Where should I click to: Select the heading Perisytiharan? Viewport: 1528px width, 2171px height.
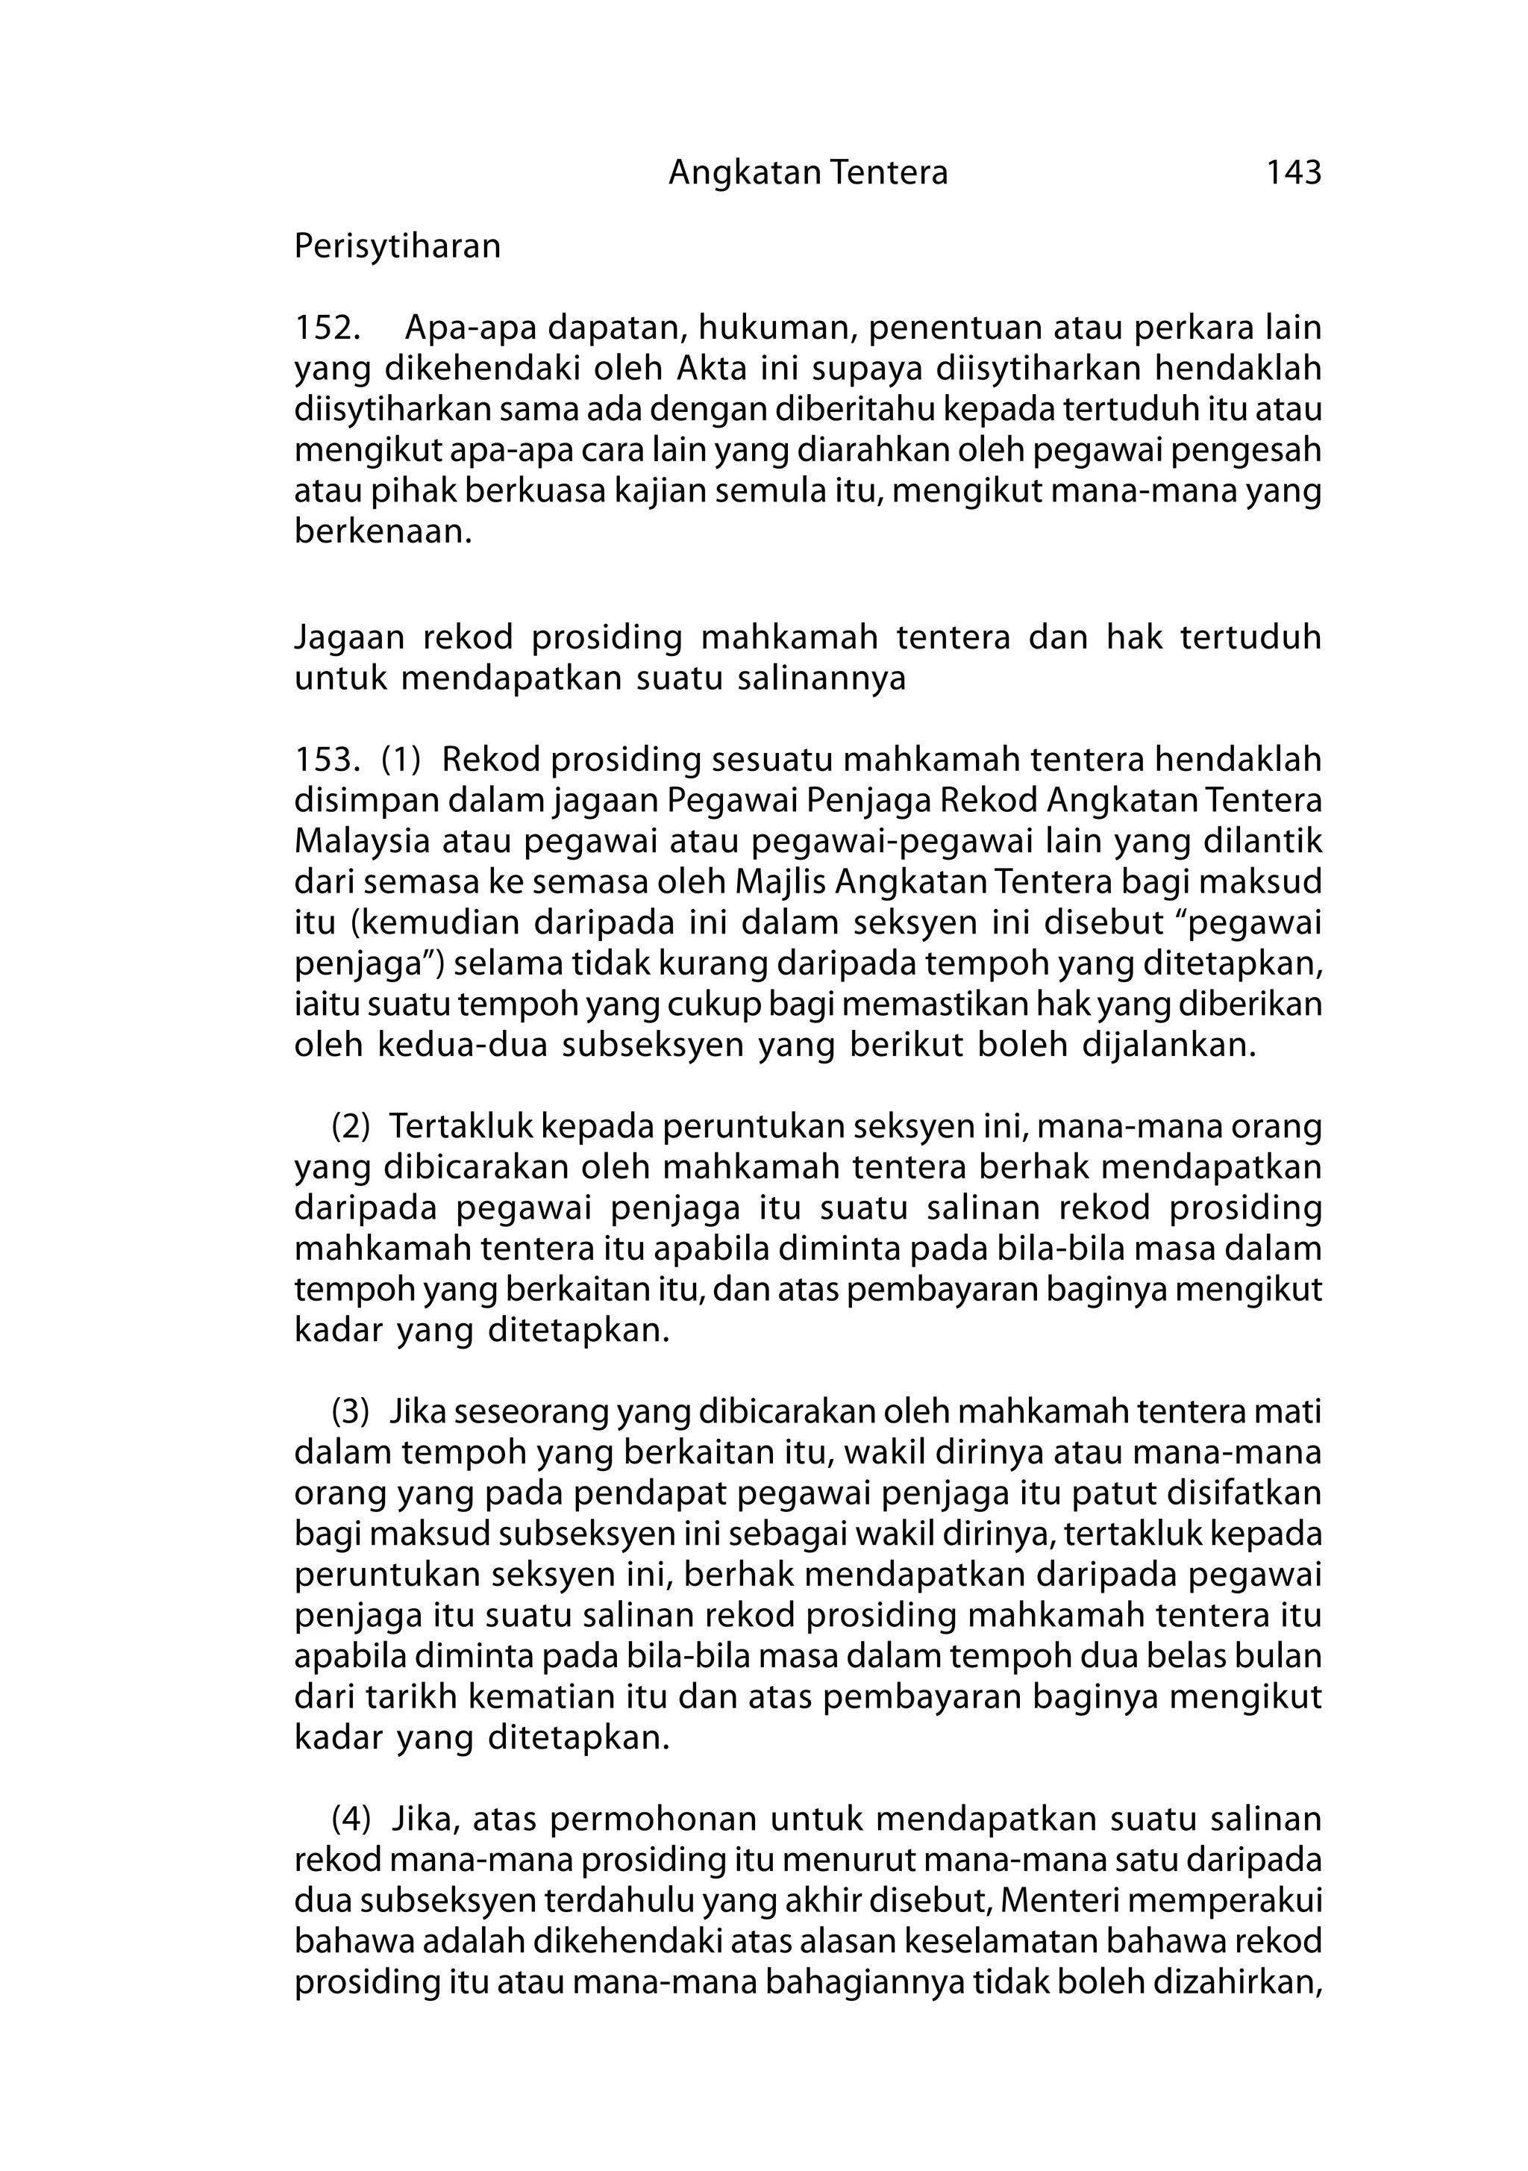coord(397,247)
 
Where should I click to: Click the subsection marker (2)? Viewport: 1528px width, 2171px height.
coord(350,1126)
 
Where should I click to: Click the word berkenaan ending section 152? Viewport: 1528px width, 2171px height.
coord(382,531)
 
